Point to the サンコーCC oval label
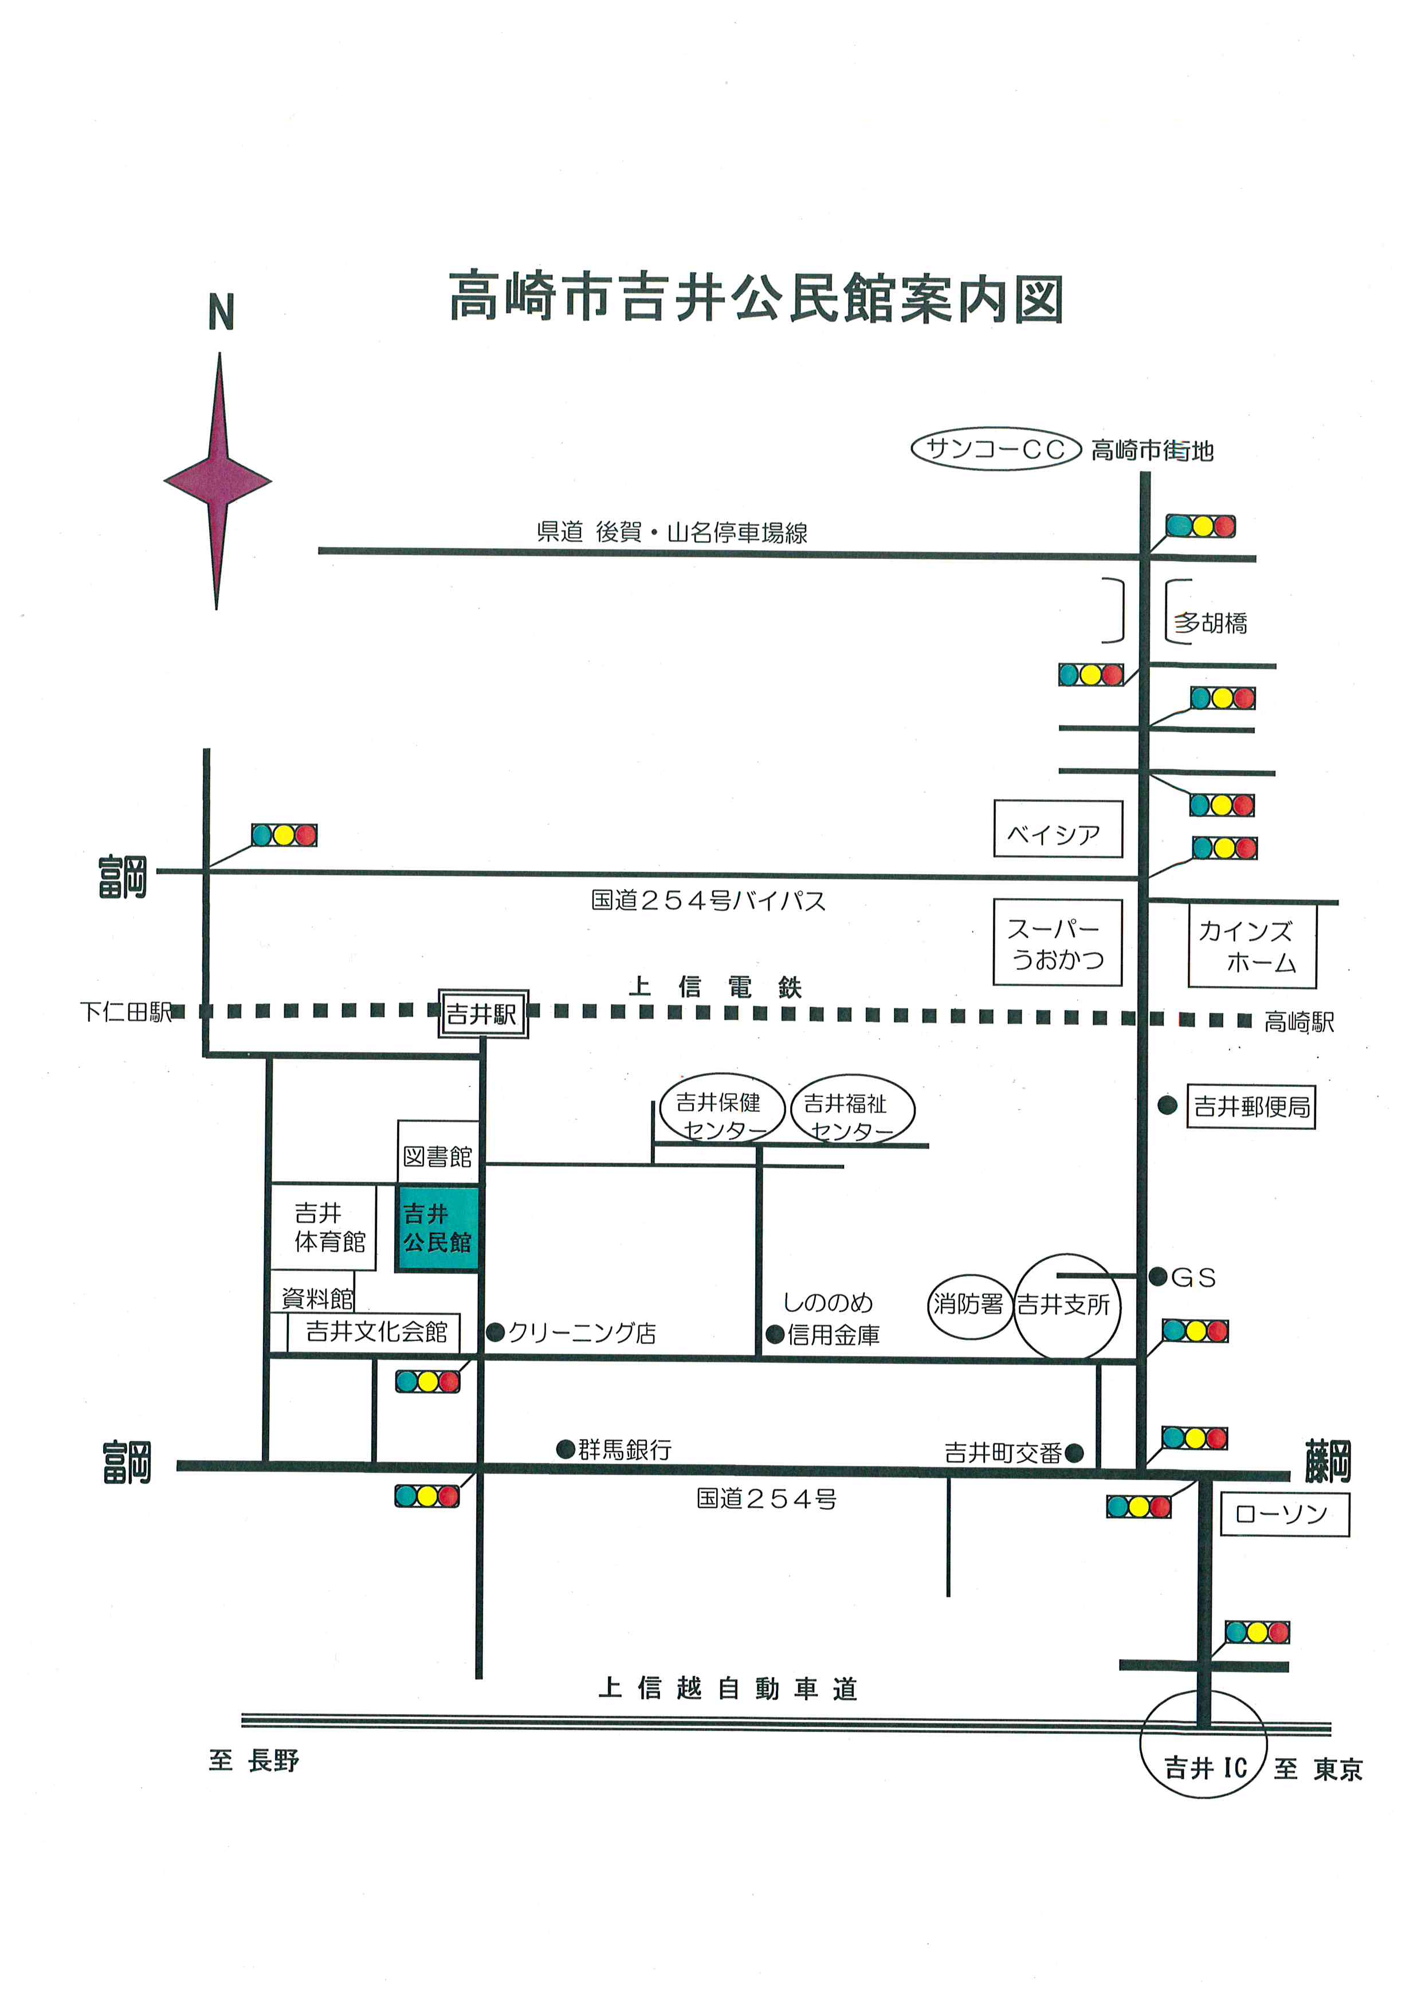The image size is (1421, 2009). [996, 449]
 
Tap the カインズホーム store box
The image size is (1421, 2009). [1251, 946]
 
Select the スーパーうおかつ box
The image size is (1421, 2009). [1057, 942]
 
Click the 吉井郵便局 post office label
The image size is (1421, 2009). [1251, 1107]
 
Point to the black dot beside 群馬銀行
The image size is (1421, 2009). [566, 1449]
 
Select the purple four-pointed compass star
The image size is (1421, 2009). [218, 481]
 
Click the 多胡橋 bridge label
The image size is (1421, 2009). [1210, 623]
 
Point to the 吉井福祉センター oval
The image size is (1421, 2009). [851, 1110]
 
